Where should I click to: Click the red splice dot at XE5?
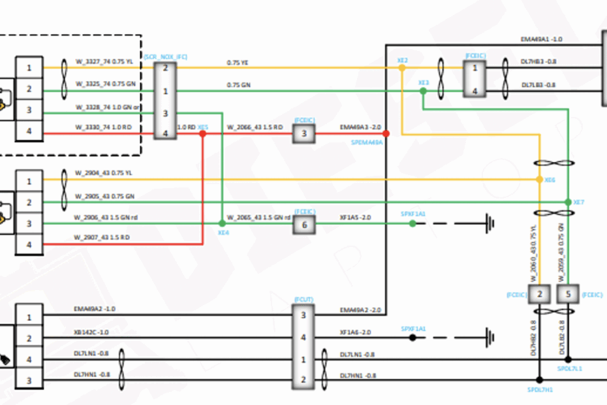click(202, 133)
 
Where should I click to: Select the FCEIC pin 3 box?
click(303, 134)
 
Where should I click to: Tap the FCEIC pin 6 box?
click(303, 225)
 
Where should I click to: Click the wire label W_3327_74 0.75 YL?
click(104, 61)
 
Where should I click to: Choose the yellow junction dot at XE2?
click(402, 67)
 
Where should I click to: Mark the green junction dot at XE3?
click(423, 91)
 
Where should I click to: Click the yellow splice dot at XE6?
click(539, 179)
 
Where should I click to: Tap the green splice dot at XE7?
click(568, 202)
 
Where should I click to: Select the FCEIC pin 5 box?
click(568, 295)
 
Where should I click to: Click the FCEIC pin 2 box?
click(539, 295)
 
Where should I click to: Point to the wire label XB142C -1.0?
click(91, 332)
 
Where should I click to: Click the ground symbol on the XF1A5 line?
click(489, 224)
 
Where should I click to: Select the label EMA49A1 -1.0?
click(542, 39)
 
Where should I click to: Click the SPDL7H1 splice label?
click(540, 390)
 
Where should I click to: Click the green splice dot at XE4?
click(223, 224)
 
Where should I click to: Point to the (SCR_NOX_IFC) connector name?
click(165, 57)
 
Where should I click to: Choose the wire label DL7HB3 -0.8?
click(538, 61)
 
